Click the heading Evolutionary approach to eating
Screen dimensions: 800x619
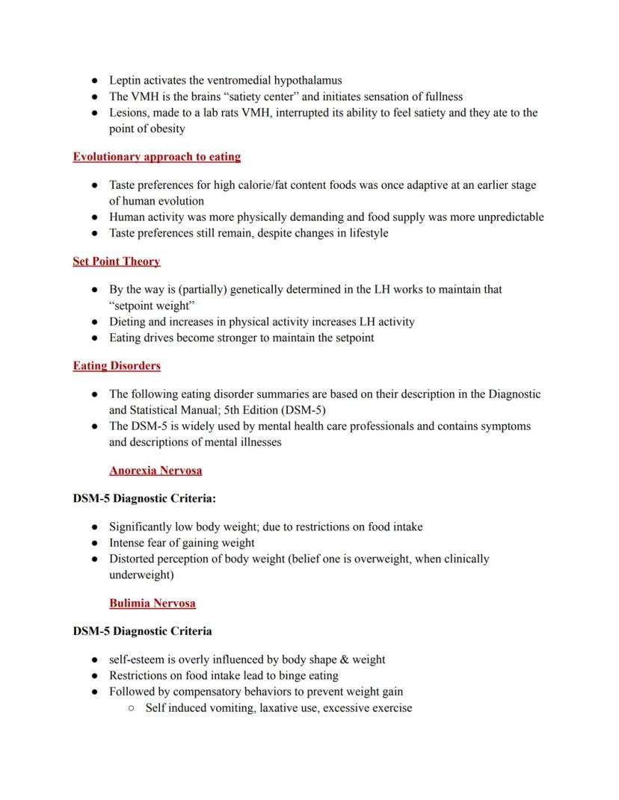click(x=157, y=157)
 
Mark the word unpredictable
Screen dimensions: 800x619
click(x=510, y=217)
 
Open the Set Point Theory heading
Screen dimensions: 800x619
click(x=117, y=261)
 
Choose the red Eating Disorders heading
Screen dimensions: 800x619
click(x=117, y=366)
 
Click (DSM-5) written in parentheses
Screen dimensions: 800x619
click(x=304, y=410)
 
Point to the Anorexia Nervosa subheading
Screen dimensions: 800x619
click(x=155, y=471)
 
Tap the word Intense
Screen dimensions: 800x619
click(x=128, y=543)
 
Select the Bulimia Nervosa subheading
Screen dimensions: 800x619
click(x=153, y=603)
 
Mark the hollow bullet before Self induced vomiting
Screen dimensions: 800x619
click(x=131, y=708)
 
